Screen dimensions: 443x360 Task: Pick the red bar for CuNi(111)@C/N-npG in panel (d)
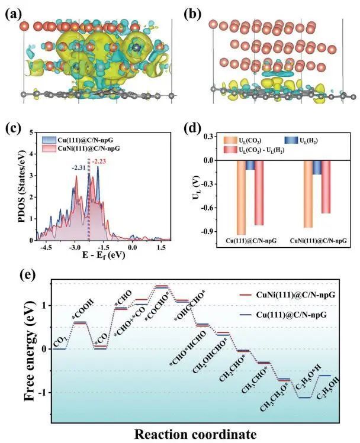(325, 187)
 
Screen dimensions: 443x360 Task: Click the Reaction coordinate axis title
(195, 433)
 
